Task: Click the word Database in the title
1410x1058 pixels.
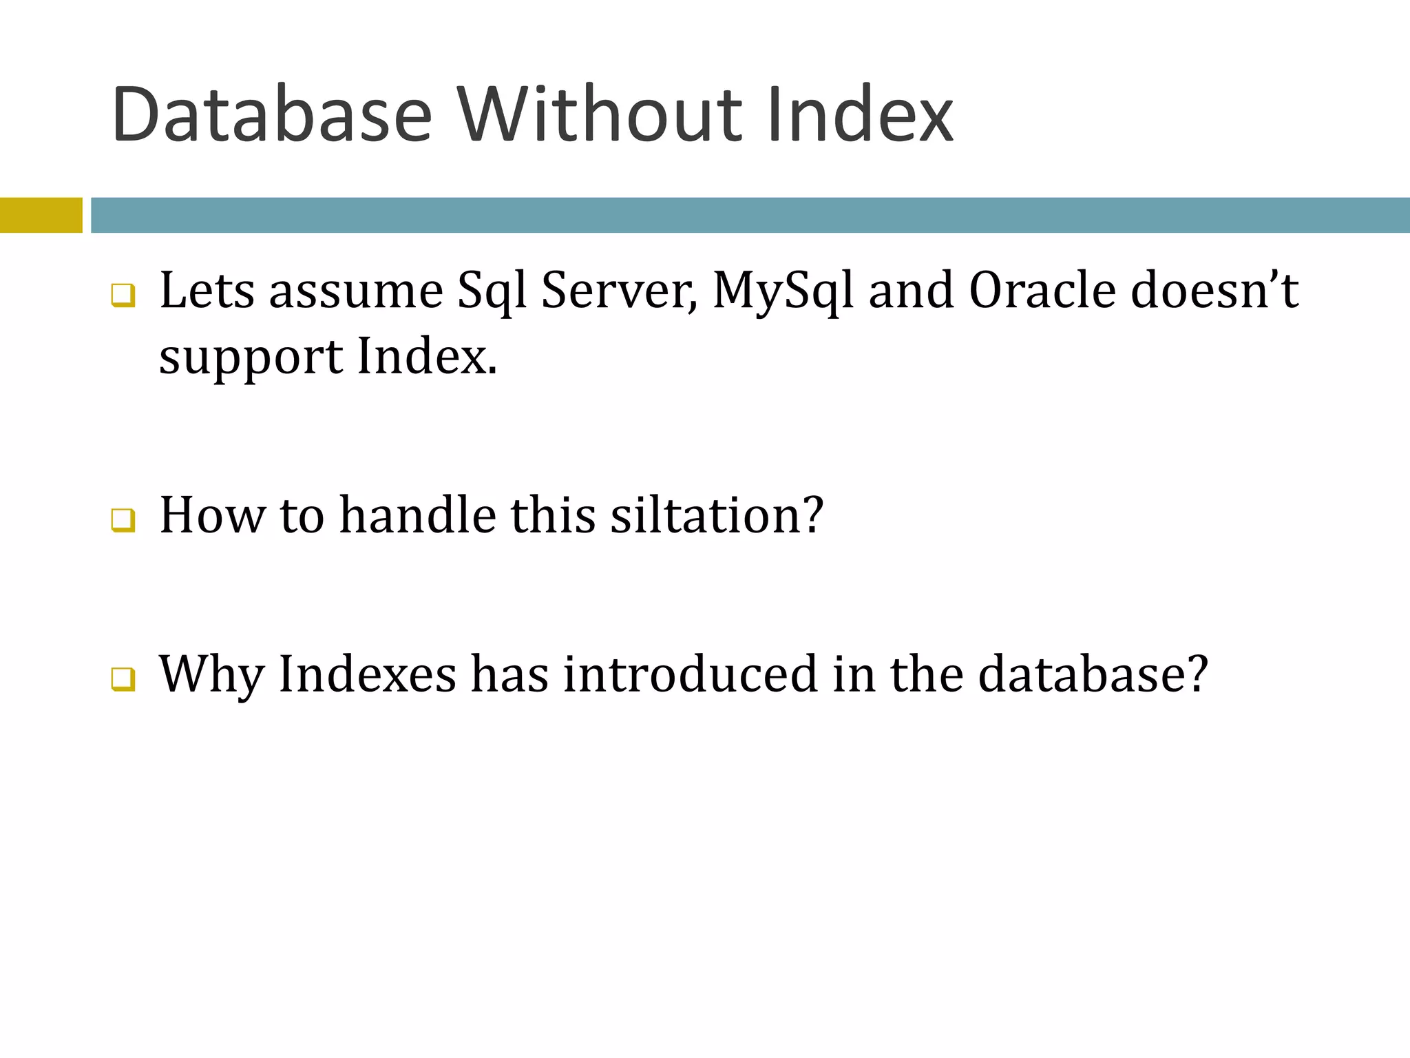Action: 272,114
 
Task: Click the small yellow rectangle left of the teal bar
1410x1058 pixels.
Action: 41,215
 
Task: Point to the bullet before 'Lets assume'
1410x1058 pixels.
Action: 123,295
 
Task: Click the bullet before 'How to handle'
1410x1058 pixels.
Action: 123,520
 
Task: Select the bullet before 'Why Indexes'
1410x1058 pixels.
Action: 123,678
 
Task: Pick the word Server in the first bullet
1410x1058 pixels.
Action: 618,290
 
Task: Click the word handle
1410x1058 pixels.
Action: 418,515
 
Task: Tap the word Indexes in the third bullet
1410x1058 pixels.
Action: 368,674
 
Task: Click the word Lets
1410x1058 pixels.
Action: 207,290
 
